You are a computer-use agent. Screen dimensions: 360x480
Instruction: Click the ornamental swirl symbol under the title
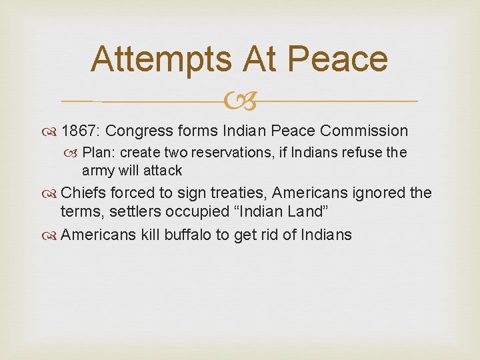pos(240,102)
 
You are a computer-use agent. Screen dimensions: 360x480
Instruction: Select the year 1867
pos(79,131)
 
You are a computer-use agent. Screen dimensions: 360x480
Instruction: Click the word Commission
pos(364,131)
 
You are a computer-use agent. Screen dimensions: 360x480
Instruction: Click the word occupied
pos(204,212)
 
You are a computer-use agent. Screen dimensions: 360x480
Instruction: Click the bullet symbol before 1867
pos(52,131)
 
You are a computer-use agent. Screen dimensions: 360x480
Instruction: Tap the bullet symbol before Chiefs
pos(52,194)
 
